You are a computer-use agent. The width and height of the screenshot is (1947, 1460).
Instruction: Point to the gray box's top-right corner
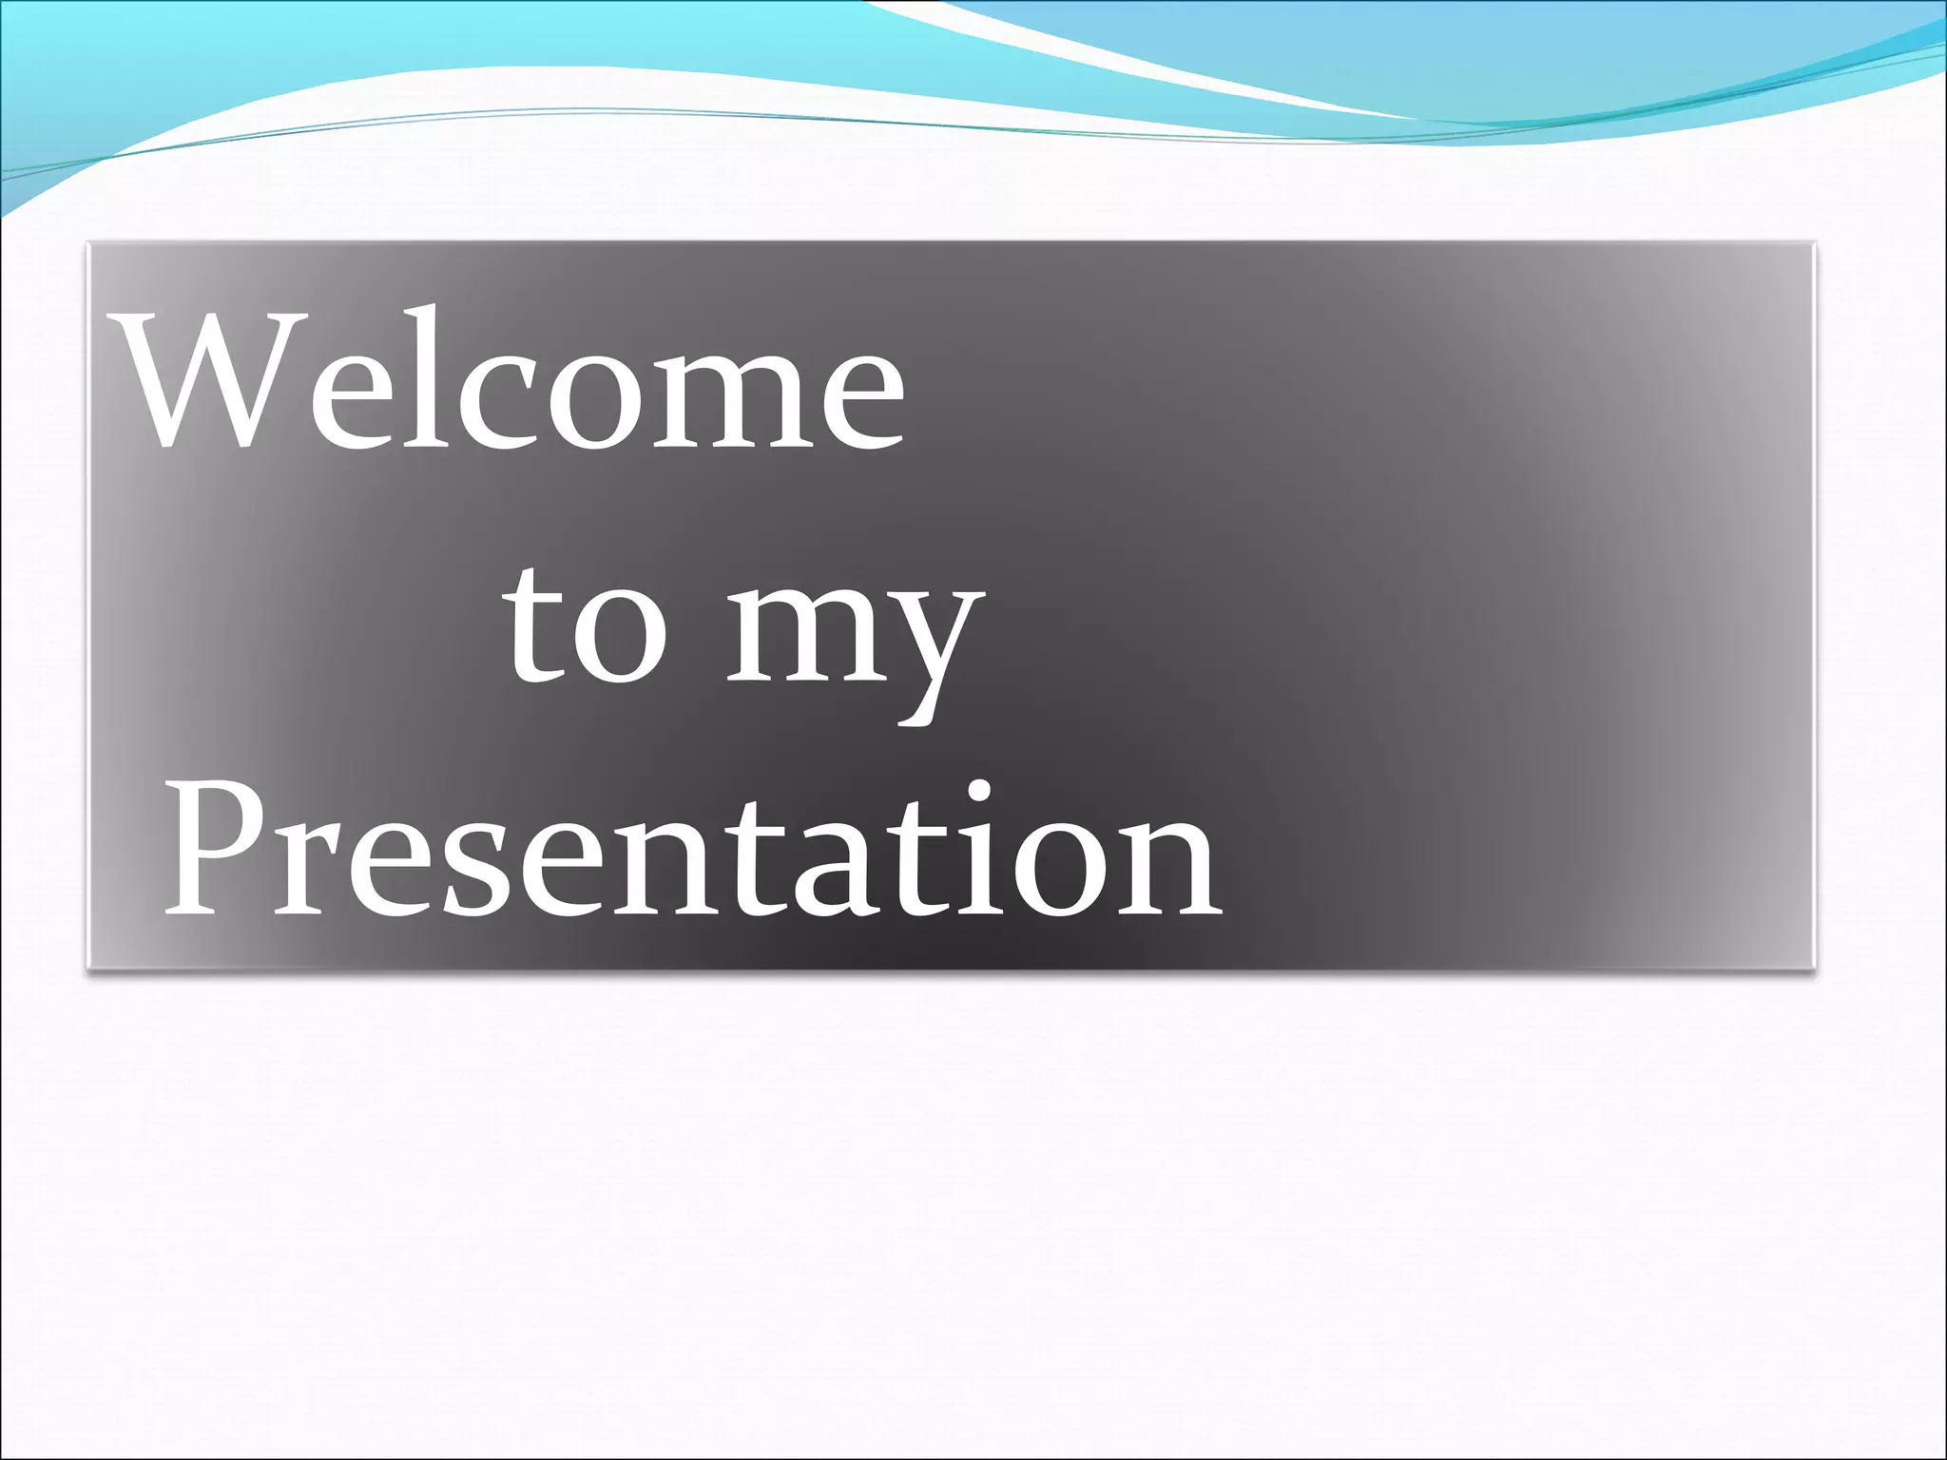(x=1814, y=243)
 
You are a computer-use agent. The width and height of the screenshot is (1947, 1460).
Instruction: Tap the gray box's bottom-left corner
(x=88, y=969)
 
